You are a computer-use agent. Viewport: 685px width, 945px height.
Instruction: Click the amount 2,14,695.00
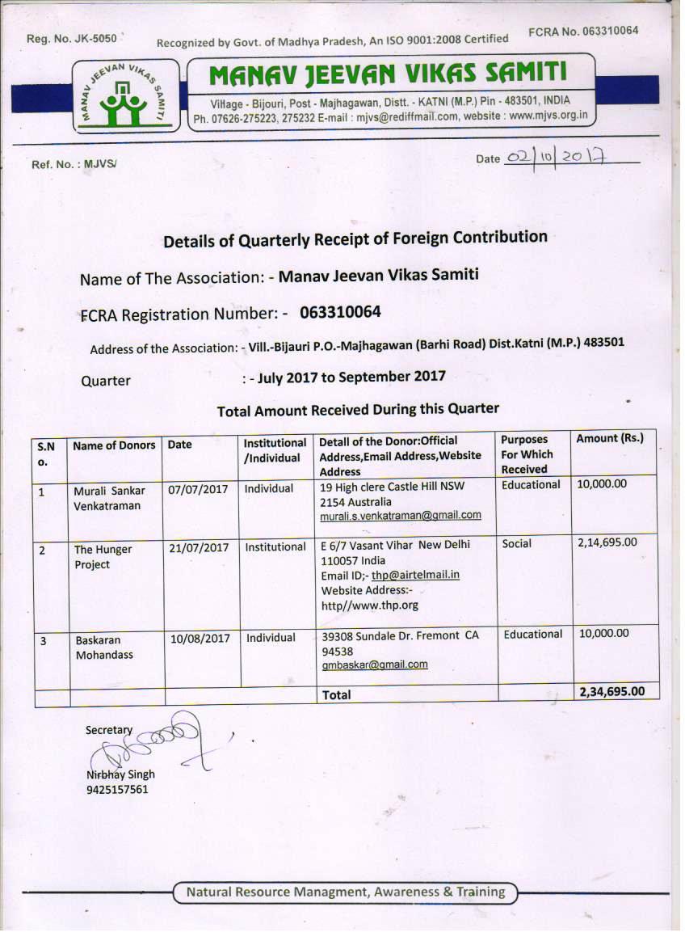click(607, 543)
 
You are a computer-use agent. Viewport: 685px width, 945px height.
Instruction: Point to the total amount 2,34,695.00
click(611, 691)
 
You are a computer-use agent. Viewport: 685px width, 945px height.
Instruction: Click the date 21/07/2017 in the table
click(199, 548)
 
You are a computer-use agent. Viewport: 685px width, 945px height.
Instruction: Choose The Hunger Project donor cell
click(103, 556)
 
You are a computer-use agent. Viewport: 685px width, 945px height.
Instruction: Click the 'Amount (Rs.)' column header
click(610, 438)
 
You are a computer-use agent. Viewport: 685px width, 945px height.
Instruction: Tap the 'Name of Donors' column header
click(114, 445)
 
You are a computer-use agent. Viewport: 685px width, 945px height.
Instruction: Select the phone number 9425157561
click(117, 789)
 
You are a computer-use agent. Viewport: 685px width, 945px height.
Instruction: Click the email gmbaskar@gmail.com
click(375, 664)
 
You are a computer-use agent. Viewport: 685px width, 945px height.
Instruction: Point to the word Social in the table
click(517, 544)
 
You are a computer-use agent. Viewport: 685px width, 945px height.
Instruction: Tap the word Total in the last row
click(337, 694)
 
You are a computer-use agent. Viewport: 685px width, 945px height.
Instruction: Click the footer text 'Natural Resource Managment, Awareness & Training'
click(346, 892)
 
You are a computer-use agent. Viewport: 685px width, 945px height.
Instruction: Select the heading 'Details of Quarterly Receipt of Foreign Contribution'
click(355, 239)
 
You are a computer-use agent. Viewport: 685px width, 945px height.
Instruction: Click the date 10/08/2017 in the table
click(200, 638)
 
